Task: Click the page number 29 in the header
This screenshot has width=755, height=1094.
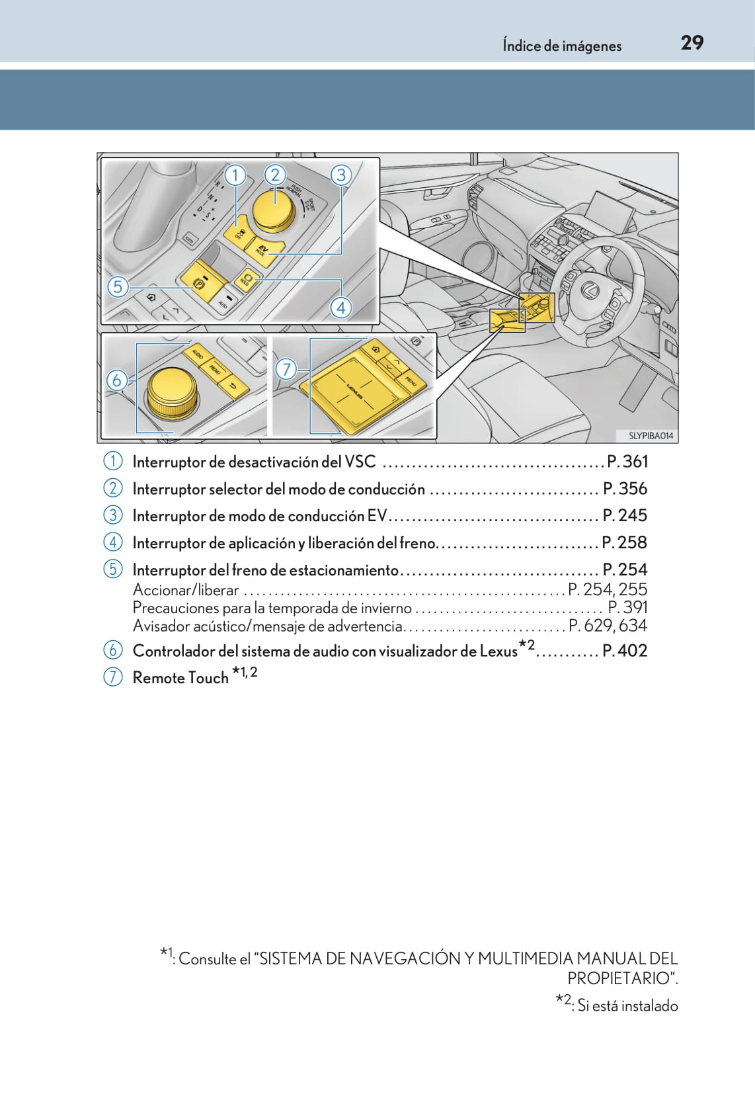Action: click(x=692, y=43)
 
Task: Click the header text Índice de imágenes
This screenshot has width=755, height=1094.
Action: click(x=561, y=46)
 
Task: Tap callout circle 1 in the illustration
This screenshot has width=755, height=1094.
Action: click(x=235, y=175)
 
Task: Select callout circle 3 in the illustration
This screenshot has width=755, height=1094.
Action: click(x=340, y=175)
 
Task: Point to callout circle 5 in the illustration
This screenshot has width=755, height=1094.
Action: click(x=118, y=286)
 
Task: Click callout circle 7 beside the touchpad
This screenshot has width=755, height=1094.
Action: click(x=286, y=368)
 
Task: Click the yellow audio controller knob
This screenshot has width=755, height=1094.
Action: click(x=171, y=393)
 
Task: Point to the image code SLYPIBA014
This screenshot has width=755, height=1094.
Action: click(x=650, y=435)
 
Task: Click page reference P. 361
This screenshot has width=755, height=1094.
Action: click(x=627, y=462)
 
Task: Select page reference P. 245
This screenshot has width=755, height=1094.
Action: click(x=625, y=515)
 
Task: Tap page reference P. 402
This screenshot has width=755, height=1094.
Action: click(x=625, y=651)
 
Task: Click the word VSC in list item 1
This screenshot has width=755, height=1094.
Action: click(x=360, y=462)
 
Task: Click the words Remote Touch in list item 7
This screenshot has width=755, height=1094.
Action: click(x=180, y=678)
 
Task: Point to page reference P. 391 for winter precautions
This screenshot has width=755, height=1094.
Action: click(x=627, y=607)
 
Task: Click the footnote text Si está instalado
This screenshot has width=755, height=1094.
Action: click(x=627, y=1005)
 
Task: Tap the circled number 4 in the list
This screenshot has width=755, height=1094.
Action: click(x=113, y=542)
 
